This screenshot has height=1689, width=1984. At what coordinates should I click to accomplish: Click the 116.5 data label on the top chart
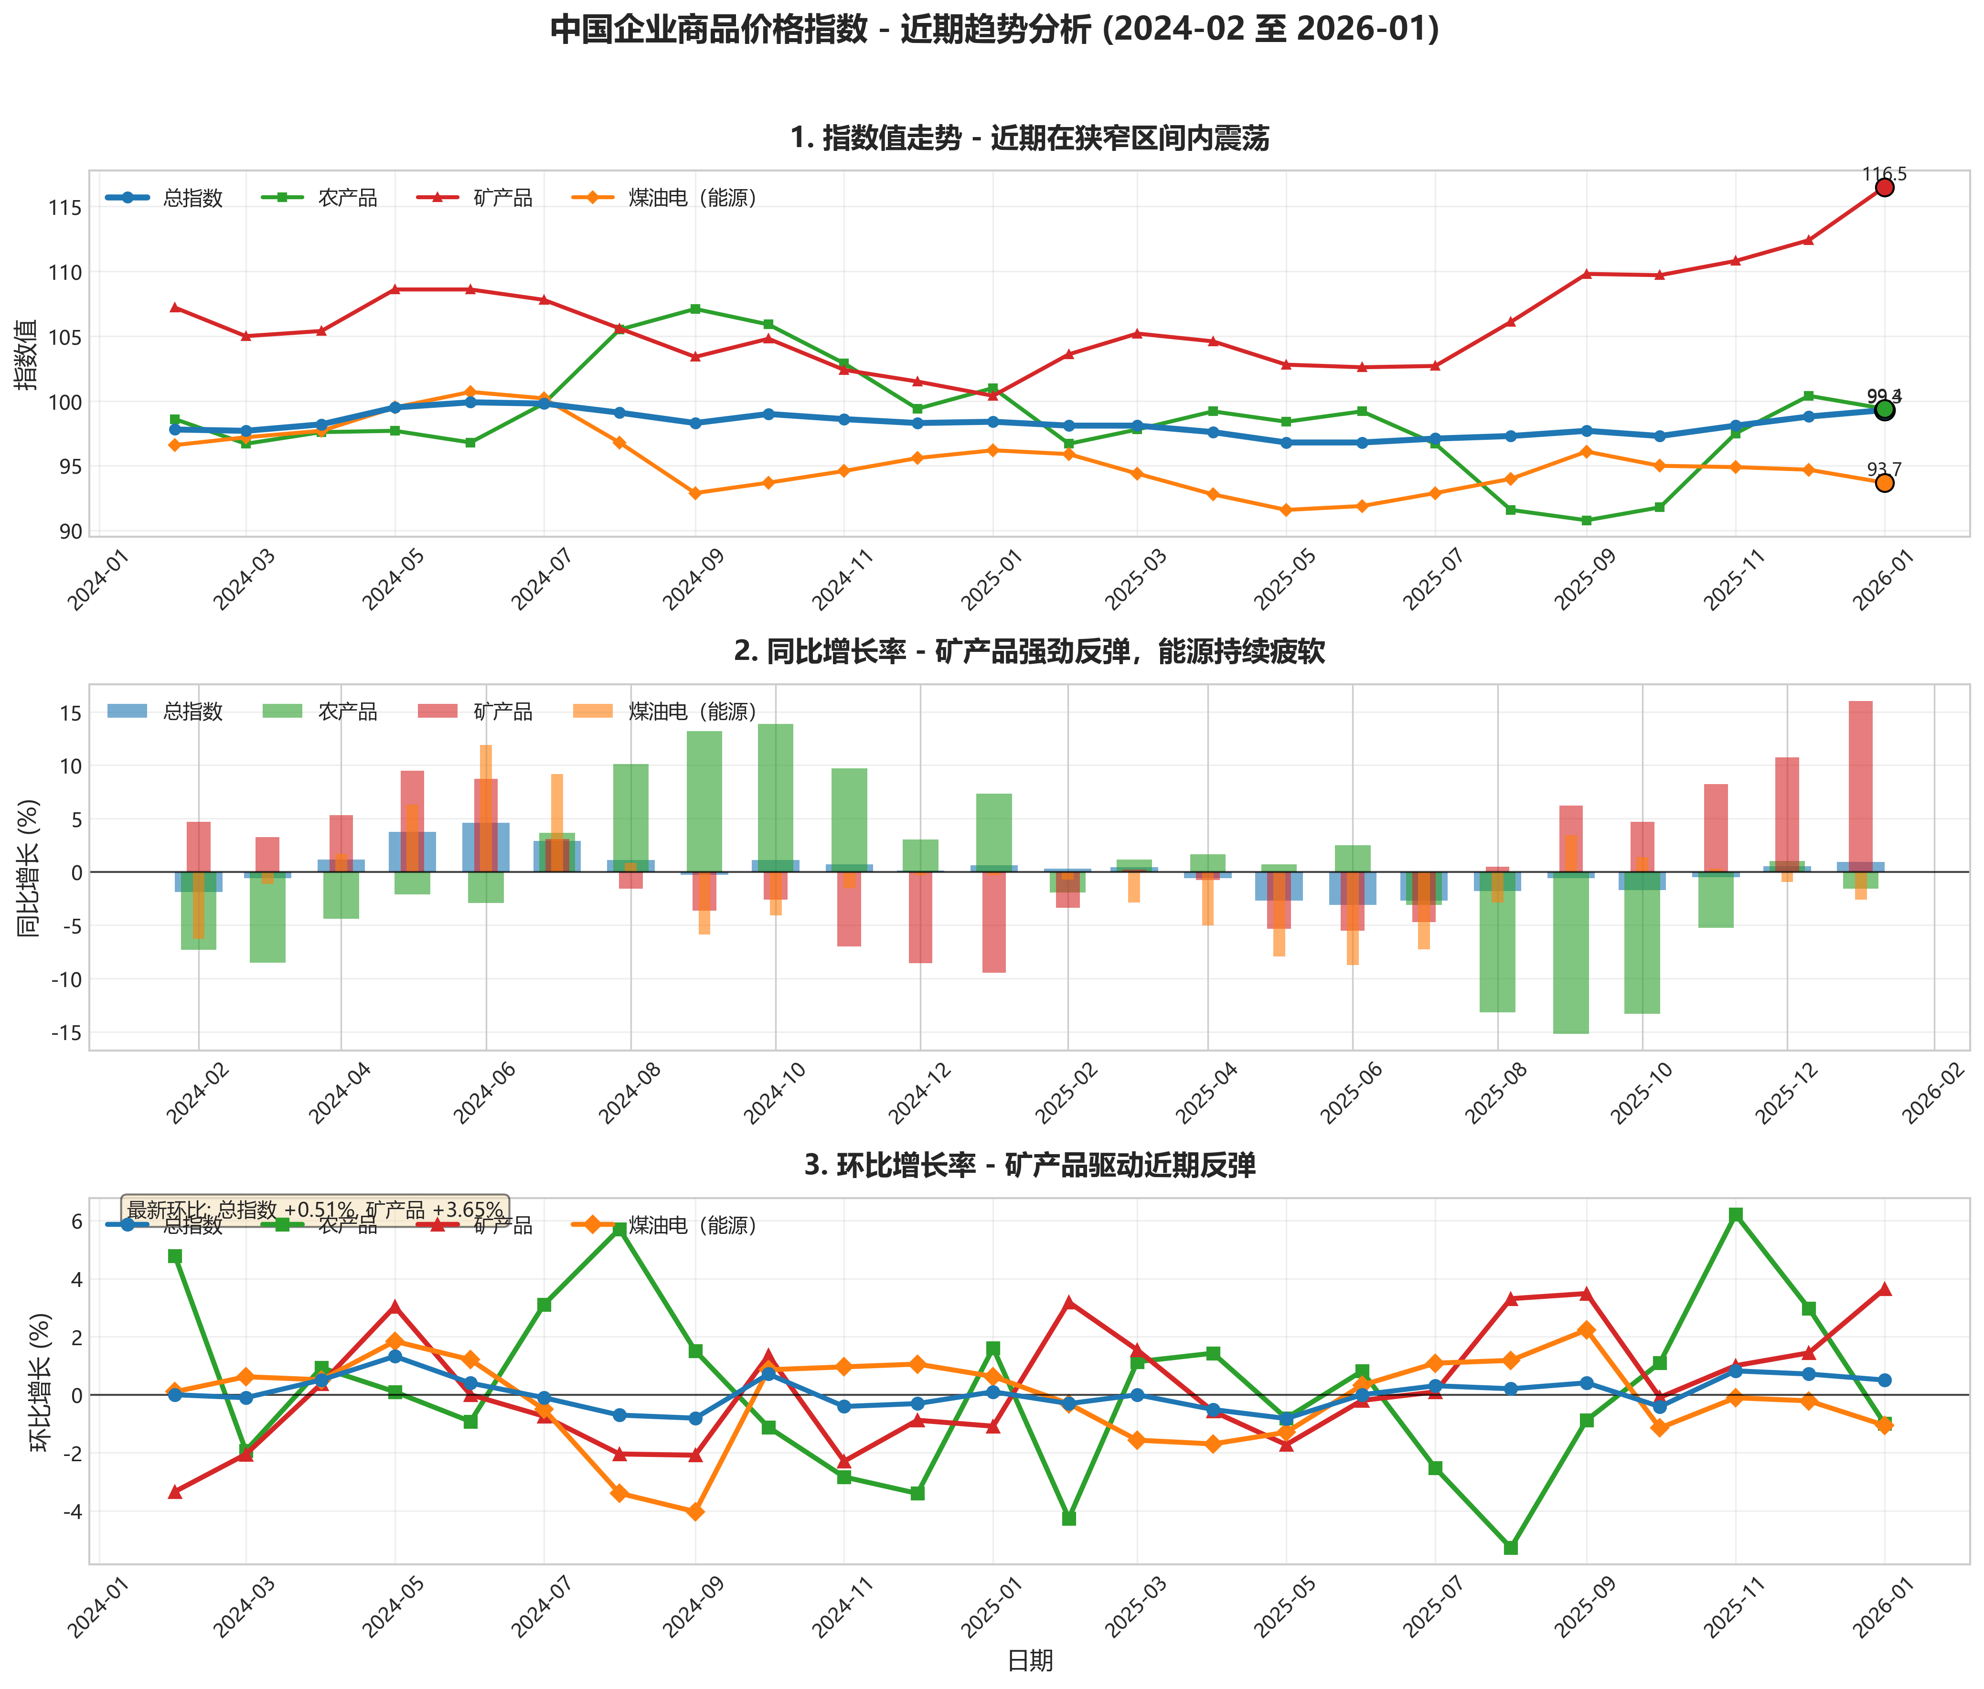1883,174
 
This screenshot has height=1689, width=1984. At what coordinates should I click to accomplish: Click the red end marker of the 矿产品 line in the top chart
1883,188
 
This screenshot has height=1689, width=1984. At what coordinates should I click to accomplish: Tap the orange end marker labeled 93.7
1883,484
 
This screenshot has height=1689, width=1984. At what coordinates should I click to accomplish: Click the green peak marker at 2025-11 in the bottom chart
1735,1215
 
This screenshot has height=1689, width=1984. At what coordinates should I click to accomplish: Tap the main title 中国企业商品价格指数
994,30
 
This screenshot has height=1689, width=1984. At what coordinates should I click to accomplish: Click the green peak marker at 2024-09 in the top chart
695,309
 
